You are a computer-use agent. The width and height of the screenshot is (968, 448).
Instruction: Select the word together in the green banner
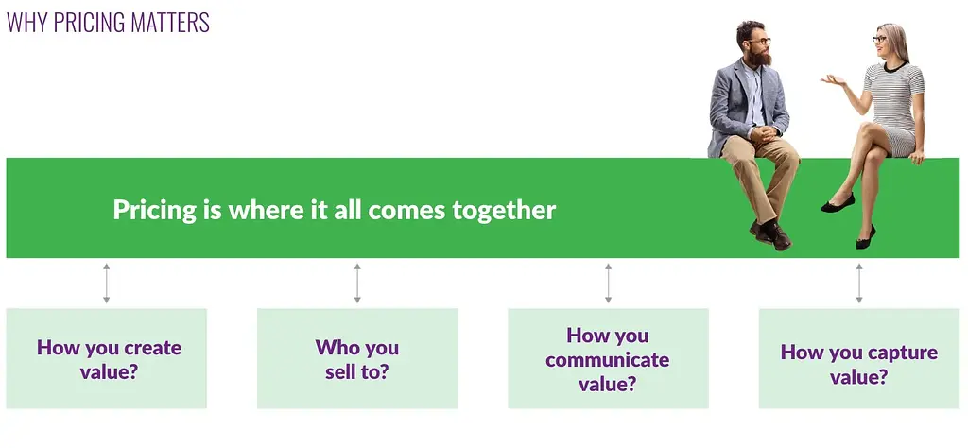pyautogui.click(x=504, y=211)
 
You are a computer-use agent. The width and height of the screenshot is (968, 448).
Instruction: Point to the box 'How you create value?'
pyautogui.click(x=106, y=358)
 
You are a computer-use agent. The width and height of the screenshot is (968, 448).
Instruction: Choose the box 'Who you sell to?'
pyautogui.click(x=357, y=358)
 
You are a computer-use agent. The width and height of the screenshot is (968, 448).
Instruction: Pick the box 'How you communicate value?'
pyautogui.click(x=608, y=358)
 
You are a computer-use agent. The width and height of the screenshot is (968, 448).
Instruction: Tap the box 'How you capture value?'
pyautogui.click(x=858, y=358)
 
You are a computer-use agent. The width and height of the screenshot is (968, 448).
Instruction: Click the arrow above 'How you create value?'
pyautogui.click(x=106, y=284)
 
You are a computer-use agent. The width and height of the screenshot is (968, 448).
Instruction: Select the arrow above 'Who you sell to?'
pyautogui.click(x=357, y=284)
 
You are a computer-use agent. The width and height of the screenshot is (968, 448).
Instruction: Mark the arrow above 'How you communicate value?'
pyautogui.click(x=608, y=284)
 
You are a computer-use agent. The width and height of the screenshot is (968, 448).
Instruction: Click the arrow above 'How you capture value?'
pyautogui.click(x=858, y=284)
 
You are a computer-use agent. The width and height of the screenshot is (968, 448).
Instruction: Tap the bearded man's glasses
pyautogui.click(x=759, y=42)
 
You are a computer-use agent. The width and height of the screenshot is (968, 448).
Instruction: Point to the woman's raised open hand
pyautogui.click(x=833, y=79)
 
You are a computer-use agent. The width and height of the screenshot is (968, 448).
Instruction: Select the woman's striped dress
pyautogui.click(x=893, y=105)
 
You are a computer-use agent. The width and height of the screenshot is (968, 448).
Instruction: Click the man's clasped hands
pyautogui.click(x=764, y=133)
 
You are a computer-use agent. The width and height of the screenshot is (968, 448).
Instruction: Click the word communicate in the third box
pyautogui.click(x=608, y=360)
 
